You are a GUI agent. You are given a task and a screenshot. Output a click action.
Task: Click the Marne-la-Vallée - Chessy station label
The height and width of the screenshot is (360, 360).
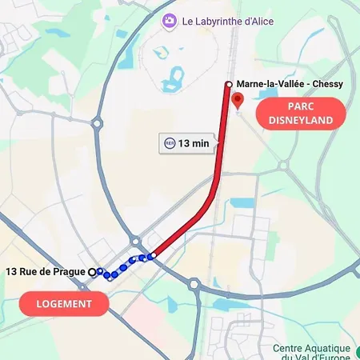point(290,84)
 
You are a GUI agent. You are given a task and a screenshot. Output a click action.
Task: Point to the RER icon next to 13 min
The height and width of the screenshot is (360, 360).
point(169,143)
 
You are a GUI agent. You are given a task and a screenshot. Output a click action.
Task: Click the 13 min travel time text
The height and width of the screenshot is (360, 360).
point(194,143)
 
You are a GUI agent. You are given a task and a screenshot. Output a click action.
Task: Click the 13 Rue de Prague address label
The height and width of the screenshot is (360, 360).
point(46,272)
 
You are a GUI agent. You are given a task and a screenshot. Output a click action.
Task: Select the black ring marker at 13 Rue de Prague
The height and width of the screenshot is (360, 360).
point(92,272)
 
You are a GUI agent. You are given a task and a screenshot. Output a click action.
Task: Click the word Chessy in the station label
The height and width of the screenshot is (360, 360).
point(326,84)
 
